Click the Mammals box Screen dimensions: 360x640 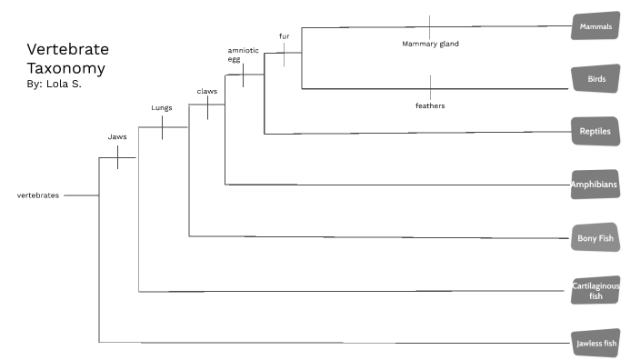tap(595, 26)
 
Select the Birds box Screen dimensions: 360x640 tap(595, 79)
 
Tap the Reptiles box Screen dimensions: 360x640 tap(595, 132)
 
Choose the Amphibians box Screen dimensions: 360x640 tap(595, 185)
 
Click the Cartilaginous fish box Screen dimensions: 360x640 tap(595, 290)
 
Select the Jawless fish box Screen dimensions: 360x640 tap(595, 343)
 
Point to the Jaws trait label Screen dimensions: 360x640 tap(117, 137)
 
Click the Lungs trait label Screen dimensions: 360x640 tap(162, 107)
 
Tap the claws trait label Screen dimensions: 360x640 tap(207, 91)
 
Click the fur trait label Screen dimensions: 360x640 tap(284, 36)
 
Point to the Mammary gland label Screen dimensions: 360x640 tap(430, 43)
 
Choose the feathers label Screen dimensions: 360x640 tap(430, 105)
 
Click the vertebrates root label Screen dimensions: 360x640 tap(38, 195)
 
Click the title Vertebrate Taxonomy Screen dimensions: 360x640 tap(65, 58)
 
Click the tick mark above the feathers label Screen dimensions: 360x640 tap(430, 88)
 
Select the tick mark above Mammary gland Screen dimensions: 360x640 tap(430, 26)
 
